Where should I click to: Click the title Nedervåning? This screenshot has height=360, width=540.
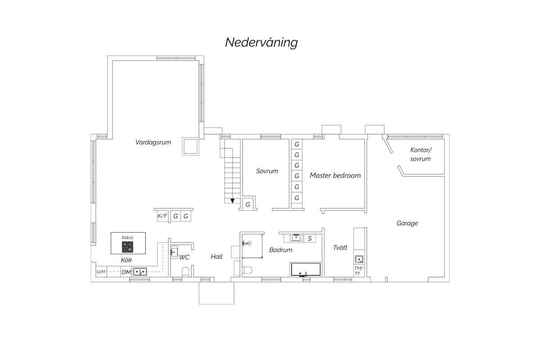tap(261, 42)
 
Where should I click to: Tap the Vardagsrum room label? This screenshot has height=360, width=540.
tap(153, 142)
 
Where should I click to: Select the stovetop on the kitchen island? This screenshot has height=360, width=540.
tap(127, 247)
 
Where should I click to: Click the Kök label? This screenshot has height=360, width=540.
tap(126, 260)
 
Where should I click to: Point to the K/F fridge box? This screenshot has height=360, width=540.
tap(162, 216)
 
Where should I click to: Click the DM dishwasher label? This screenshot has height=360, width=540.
tap(126, 272)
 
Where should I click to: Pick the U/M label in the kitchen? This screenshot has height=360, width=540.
tap(101, 272)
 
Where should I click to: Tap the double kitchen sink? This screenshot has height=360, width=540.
tap(140, 272)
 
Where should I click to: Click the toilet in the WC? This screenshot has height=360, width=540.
tap(185, 272)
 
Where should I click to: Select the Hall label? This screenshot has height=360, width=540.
tap(216, 256)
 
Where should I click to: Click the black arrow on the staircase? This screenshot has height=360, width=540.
tap(232, 201)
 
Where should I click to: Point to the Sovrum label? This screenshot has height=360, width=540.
tap(267, 171)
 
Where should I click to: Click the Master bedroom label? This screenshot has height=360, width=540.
tap(335, 175)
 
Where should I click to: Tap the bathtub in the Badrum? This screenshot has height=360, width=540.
tap(306, 269)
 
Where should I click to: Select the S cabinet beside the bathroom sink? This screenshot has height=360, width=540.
tap(310, 238)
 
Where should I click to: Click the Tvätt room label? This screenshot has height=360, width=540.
tap(340, 247)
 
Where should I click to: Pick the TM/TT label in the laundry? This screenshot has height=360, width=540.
tap(359, 270)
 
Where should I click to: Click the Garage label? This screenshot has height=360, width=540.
tap(407, 223)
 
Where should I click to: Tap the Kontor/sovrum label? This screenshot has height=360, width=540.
tap(421, 154)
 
